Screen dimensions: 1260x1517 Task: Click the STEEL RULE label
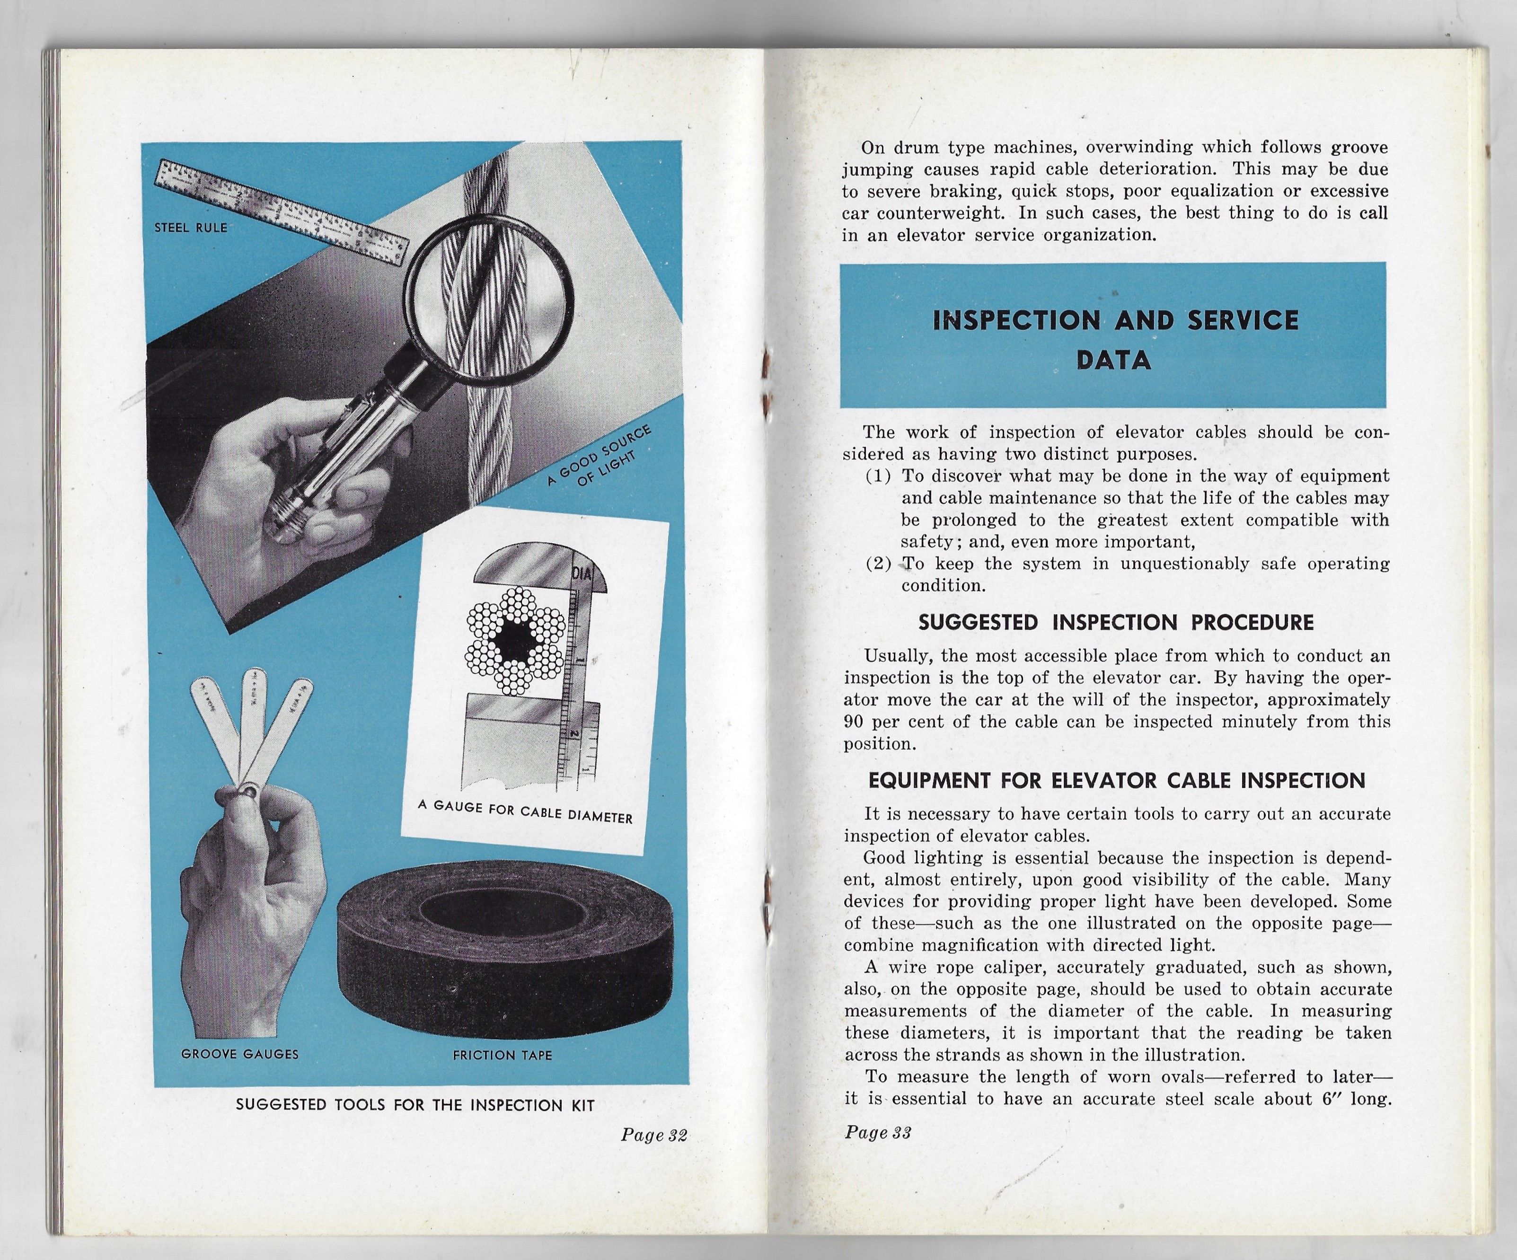[x=191, y=228]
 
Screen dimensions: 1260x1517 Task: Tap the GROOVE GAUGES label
[x=240, y=1054]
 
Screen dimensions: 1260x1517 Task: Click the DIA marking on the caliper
[x=582, y=574]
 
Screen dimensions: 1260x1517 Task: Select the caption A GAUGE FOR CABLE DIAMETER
[x=525, y=811]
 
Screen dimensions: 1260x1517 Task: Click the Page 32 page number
[x=654, y=1135]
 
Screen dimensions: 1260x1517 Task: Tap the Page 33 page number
[x=878, y=1132]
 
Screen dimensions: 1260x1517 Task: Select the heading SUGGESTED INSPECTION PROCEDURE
[x=1115, y=623]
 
